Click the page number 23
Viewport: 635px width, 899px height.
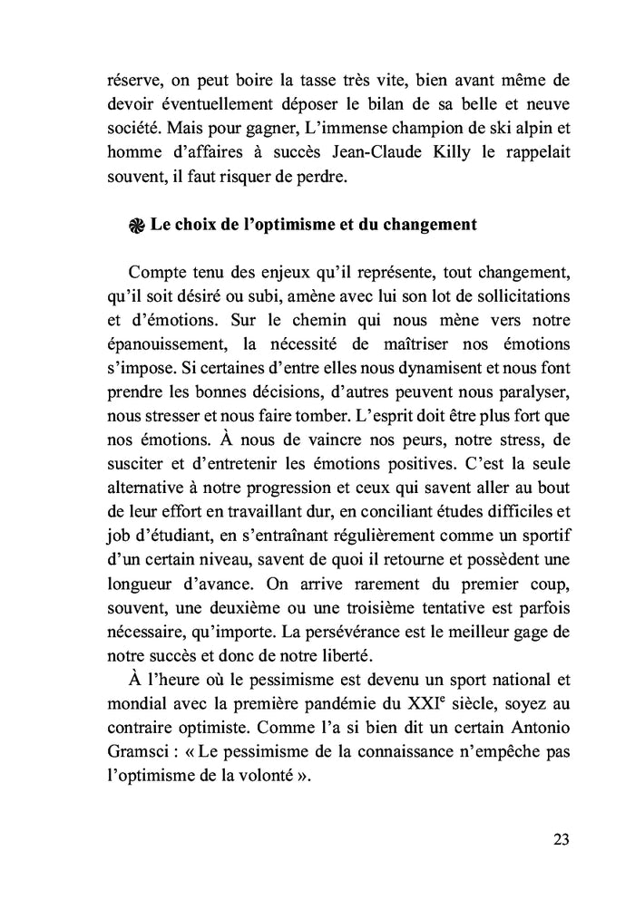560,838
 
